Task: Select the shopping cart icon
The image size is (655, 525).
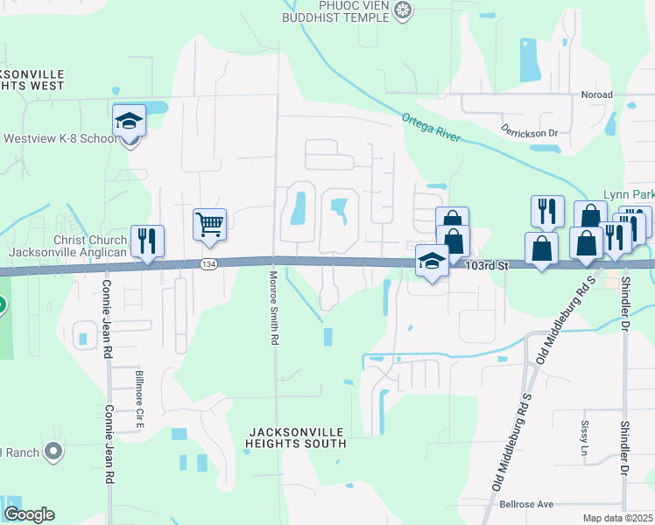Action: click(209, 225)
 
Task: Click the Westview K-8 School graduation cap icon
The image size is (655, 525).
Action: click(129, 121)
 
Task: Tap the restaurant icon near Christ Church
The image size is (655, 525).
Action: click(147, 241)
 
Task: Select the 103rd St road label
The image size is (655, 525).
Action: click(487, 263)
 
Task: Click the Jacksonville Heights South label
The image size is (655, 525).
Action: click(298, 437)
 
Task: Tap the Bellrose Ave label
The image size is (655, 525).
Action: click(526, 505)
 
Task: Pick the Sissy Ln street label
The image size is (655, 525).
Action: click(585, 438)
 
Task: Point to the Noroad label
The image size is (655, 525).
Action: click(596, 94)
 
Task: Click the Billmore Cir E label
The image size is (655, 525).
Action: click(138, 401)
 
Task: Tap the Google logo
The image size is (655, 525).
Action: click(29, 514)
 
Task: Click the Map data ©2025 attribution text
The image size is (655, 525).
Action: click(617, 518)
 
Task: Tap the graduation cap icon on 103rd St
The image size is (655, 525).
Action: click(431, 262)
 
